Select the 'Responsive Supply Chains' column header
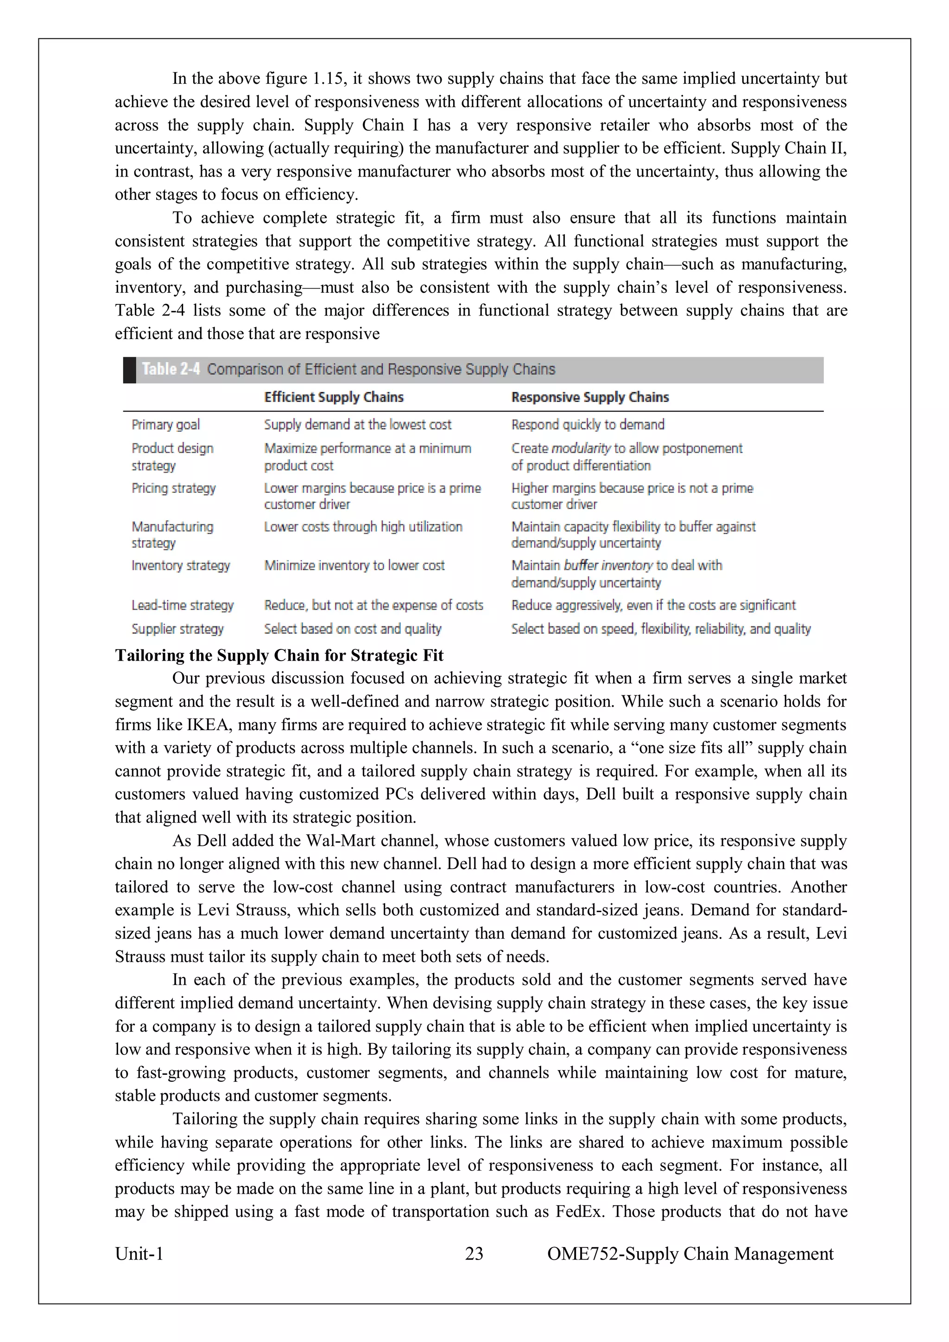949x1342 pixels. click(x=589, y=397)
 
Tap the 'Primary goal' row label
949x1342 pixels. click(x=165, y=425)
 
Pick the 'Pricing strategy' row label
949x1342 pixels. click(x=174, y=488)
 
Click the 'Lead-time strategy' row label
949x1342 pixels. click(x=183, y=605)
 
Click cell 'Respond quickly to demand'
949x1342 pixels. click(x=588, y=425)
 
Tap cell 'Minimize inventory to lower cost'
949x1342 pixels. click(x=354, y=566)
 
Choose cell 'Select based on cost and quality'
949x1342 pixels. click(x=353, y=629)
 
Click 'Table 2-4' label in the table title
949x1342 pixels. click(x=171, y=369)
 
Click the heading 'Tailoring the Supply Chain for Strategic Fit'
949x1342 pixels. click(x=279, y=655)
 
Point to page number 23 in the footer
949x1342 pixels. click(x=474, y=1253)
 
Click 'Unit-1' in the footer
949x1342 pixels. click(x=139, y=1253)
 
